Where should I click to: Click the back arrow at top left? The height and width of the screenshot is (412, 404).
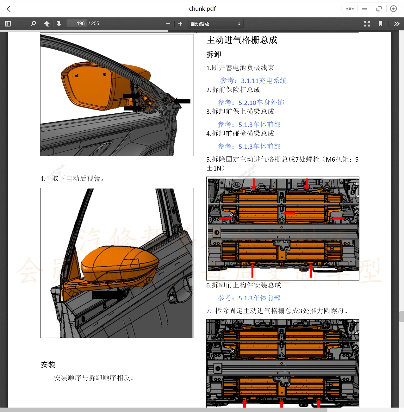coord(9,9)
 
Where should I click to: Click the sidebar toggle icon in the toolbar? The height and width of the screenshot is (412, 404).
coord(8,24)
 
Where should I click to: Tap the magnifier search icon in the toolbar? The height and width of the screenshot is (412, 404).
coord(33,24)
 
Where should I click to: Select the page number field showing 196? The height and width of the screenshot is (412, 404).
coord(77,23)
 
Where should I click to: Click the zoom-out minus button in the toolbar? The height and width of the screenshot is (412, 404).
coord(168,24)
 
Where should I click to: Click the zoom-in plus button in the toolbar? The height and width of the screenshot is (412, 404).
coord(180,24)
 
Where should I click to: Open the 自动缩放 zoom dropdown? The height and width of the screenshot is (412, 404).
coord(215,24)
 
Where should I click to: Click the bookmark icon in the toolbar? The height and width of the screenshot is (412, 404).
coord(380,24)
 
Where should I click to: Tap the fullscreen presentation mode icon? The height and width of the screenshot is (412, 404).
coord(367,24)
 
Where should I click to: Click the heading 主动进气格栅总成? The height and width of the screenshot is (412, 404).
coord(242,40)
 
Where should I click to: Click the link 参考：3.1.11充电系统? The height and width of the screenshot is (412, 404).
coord(253,81)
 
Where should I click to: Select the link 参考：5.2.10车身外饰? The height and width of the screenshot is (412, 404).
coord(251,103)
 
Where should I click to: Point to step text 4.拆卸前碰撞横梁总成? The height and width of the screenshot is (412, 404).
coord(240,134)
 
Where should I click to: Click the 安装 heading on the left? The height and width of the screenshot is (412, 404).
coord(48,365)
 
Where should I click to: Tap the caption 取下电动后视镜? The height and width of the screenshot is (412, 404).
coord(78,178)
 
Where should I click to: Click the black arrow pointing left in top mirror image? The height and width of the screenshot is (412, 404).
coord(182,101)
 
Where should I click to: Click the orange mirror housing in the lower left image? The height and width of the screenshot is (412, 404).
coord(120,263)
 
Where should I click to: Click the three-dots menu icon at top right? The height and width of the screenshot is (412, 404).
coord(350,9)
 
